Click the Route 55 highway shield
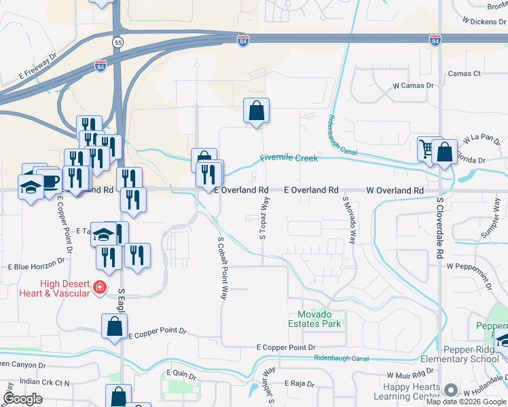tap(118, 42)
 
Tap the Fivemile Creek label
tap(289, 159)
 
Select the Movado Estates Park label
tap(319, 319)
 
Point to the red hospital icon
tap(99, 288)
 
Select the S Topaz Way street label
tap(262, 218)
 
